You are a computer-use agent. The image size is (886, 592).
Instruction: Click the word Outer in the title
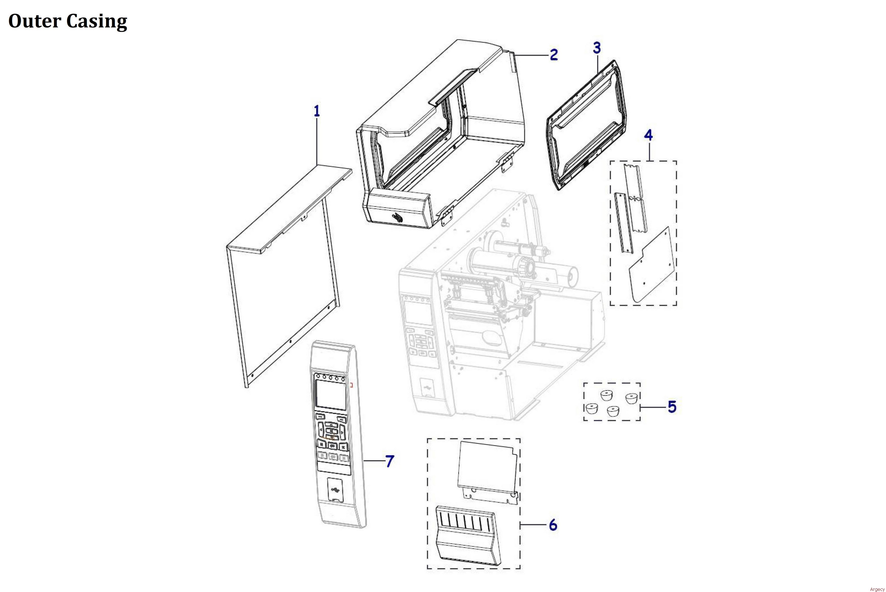35,21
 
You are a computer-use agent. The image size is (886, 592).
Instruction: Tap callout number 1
317,111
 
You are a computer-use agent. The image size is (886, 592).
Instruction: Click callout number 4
648,135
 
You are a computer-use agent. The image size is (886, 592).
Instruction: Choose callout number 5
672,407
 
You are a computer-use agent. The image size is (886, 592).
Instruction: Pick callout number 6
553,525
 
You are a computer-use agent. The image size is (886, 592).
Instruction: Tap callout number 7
389,461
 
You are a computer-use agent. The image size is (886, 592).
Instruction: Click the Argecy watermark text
877,589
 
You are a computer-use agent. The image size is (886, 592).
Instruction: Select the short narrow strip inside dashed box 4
622,223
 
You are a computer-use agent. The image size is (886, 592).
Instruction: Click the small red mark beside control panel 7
352,385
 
